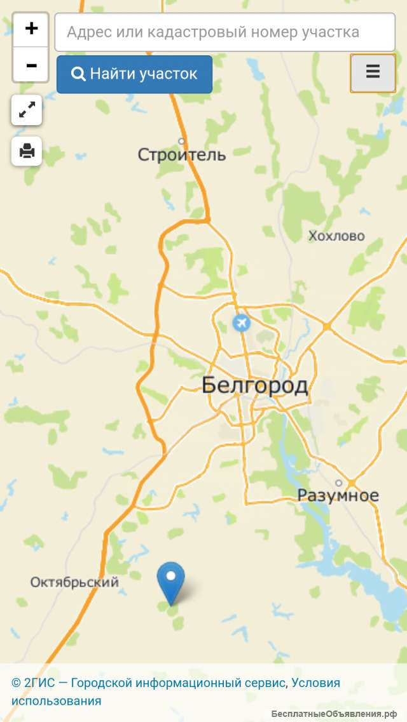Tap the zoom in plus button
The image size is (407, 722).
coord(31,29)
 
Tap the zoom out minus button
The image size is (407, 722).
coord(31,65)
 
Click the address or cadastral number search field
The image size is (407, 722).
coord(224,32)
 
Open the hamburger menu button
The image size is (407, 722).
coord(373,73)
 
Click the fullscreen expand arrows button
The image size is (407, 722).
coord(27,110)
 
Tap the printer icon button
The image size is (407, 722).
coord(27,151)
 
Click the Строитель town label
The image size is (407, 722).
coord(182,154)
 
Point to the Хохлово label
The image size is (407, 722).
coord(336,236)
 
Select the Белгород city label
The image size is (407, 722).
coord(254,385)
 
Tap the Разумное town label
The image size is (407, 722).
coord(338,496)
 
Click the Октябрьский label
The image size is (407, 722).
coord(74,582)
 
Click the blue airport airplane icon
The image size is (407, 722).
coord(241,323)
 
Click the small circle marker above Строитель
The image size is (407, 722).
coord(181,141)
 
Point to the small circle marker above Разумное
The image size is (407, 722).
coord(339,483)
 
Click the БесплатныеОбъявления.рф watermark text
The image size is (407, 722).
coord(336,714)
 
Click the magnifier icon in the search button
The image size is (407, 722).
coord(78,74)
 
